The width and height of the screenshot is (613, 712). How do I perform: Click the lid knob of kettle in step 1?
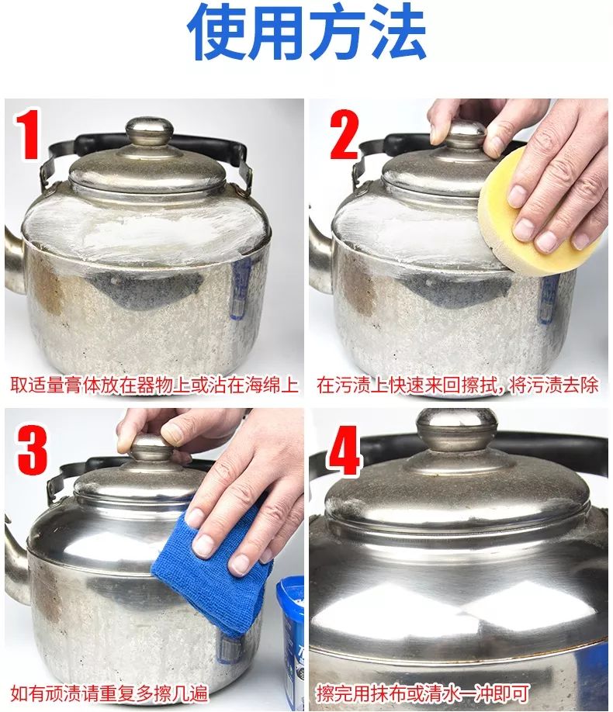(x=149, y=132)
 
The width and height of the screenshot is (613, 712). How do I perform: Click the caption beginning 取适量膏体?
(x=154, y=385)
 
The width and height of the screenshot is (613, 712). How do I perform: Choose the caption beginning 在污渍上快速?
(x=458, y=385)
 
